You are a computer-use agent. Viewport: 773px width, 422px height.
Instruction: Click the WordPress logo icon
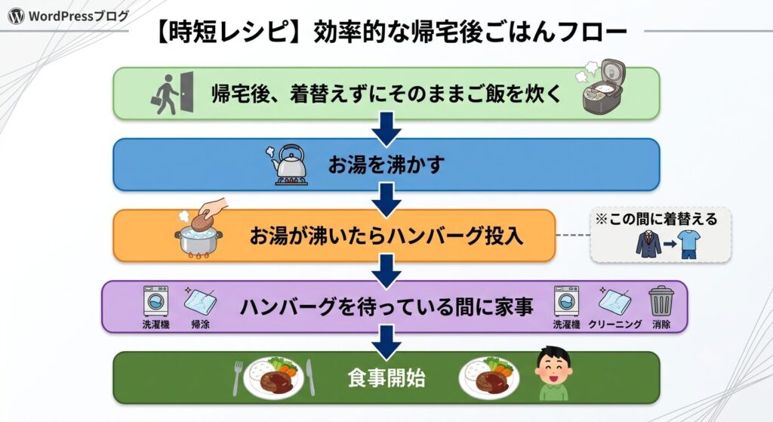[x=16, y=17]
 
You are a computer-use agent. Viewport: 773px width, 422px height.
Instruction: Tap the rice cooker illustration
[x=602, y=87]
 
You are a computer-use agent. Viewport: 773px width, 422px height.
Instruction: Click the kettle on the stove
[x=288, y=165]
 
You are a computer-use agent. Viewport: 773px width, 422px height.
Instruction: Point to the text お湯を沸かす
[x=386, y=165]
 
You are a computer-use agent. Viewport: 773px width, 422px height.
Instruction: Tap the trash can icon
[x=661, y=301]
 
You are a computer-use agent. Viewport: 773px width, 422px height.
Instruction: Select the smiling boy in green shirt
[x=553, y=373]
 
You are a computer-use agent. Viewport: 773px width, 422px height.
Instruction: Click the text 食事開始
[x=386, y=378]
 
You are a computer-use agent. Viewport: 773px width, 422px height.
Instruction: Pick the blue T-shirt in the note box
[x=688, y=244]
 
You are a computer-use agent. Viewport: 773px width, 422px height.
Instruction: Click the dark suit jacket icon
[x=648, y=244]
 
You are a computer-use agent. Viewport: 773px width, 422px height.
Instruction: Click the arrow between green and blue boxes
[x=386, y=129]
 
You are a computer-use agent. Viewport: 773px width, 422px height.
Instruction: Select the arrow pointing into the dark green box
[x=386, y=342]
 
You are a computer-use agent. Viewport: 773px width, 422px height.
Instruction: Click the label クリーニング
[x=614, y=325]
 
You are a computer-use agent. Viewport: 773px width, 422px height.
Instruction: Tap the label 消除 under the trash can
[x=661, y=325]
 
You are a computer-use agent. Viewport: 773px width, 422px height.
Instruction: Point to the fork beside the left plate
[x=238, y=378]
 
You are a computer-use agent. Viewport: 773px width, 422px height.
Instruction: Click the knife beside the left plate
[x=310, y=377]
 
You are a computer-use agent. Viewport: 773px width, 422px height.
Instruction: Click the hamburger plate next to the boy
[x=488, y=377]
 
